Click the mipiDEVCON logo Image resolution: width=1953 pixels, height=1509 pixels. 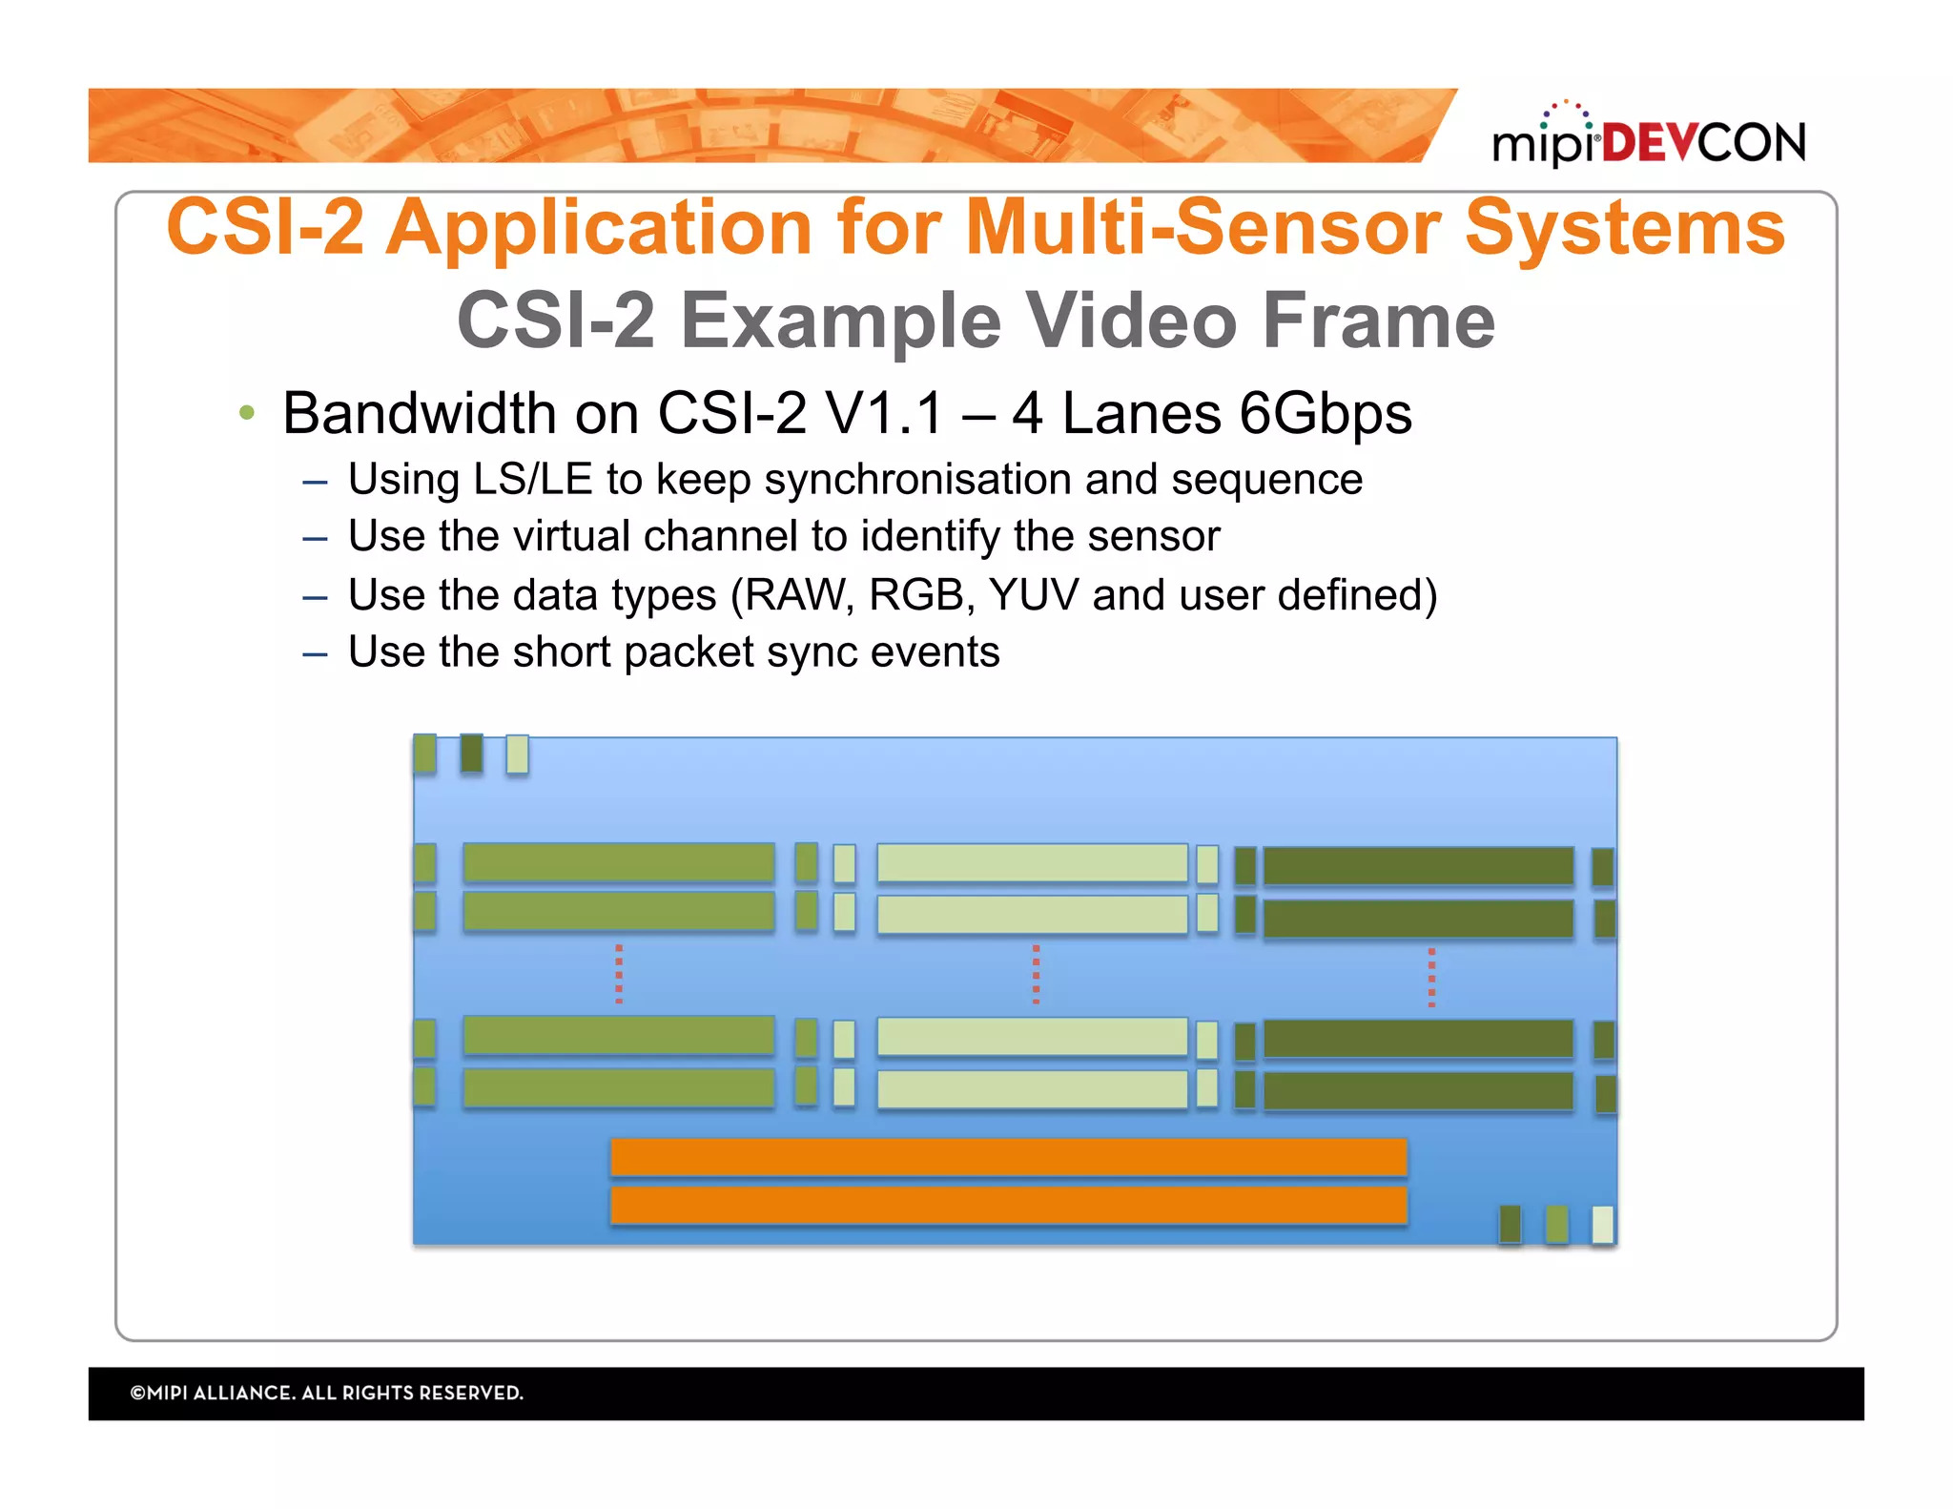click(x=1648, y=139)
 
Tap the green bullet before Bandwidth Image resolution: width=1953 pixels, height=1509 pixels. click(x=247, y=413)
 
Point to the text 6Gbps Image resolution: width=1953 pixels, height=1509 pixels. click(x=1325, y=414)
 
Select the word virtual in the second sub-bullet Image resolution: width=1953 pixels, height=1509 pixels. click(x=571, y=536)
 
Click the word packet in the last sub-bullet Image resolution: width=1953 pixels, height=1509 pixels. click(x=688, y=652)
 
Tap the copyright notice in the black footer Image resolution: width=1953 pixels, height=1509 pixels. click(x=326, y=1393)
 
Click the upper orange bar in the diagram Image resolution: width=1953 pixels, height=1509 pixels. click(x=1008, y=1157)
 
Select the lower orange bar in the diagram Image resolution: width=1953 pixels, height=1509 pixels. click(x=1008, y=1206)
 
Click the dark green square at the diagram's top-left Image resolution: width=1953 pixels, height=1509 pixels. click(x=471, y=753)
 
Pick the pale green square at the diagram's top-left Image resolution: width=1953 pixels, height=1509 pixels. click(x=517, y=754)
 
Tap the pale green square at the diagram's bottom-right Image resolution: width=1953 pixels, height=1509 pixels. click(x=1603, y=1224)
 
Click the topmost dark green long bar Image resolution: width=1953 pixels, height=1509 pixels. click(x=1418, y=866)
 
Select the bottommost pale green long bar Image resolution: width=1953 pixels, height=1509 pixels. click(x=1032, y=1088)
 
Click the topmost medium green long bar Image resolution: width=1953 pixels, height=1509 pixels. click(x=618, y=862)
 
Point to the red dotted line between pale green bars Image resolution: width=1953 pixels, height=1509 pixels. click(x=1036, y=974)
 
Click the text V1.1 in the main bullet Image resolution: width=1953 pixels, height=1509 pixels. click(x=884, y=414)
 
